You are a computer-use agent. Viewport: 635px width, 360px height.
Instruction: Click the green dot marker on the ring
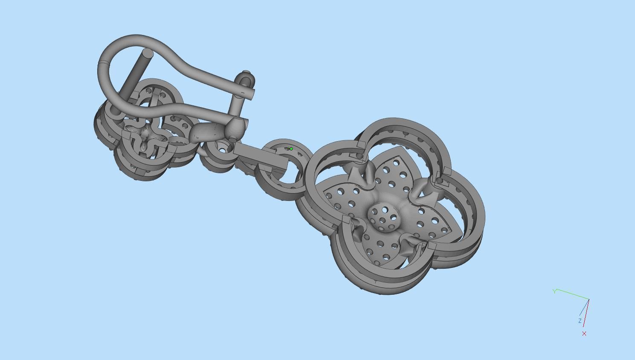[291, 149]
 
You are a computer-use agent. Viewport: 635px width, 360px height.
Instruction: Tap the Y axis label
[554, 291]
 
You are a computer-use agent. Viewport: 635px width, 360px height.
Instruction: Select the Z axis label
[580, 321]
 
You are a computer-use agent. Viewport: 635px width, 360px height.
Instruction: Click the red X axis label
[584, 334]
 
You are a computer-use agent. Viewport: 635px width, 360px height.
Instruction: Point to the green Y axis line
[571, 295]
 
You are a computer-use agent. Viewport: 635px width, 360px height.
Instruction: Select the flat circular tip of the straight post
[147, 53]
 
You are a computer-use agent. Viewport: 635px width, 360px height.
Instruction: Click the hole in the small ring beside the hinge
[222, 148]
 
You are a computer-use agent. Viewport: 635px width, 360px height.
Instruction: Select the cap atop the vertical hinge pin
[246, 74]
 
